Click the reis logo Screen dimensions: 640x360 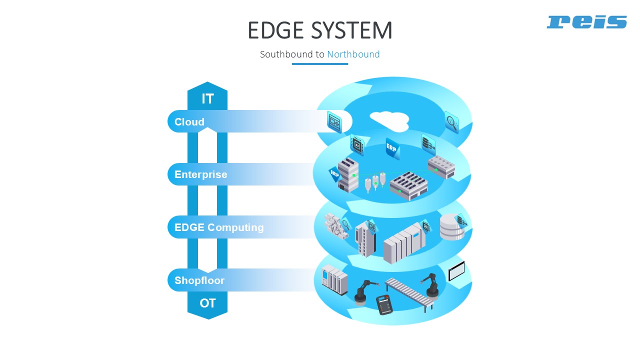coord(586,22)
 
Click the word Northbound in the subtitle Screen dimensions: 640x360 coord(353,54)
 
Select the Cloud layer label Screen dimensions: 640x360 coord(189,122)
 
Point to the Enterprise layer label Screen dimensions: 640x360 coord(201,174)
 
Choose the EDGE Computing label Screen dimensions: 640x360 coord(219,227)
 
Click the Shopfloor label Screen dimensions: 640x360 coord(199,280)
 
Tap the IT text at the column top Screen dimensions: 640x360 coord(207,99)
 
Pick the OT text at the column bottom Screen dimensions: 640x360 coord(207,303)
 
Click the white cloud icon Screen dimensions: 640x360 coord(389,121)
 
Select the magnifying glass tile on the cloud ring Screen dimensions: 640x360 coord(451,122)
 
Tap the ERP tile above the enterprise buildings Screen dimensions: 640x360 coord(392,148)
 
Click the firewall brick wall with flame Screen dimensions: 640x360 coord(335,225)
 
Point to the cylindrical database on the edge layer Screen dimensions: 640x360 coord(451,227)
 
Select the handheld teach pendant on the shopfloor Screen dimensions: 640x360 coord(384,304)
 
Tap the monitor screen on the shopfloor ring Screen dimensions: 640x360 coord(456,271)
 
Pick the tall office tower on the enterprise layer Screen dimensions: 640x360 coord(348,175)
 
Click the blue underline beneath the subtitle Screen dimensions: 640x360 coord(320,64)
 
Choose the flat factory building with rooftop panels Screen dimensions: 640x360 coord(409,185)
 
